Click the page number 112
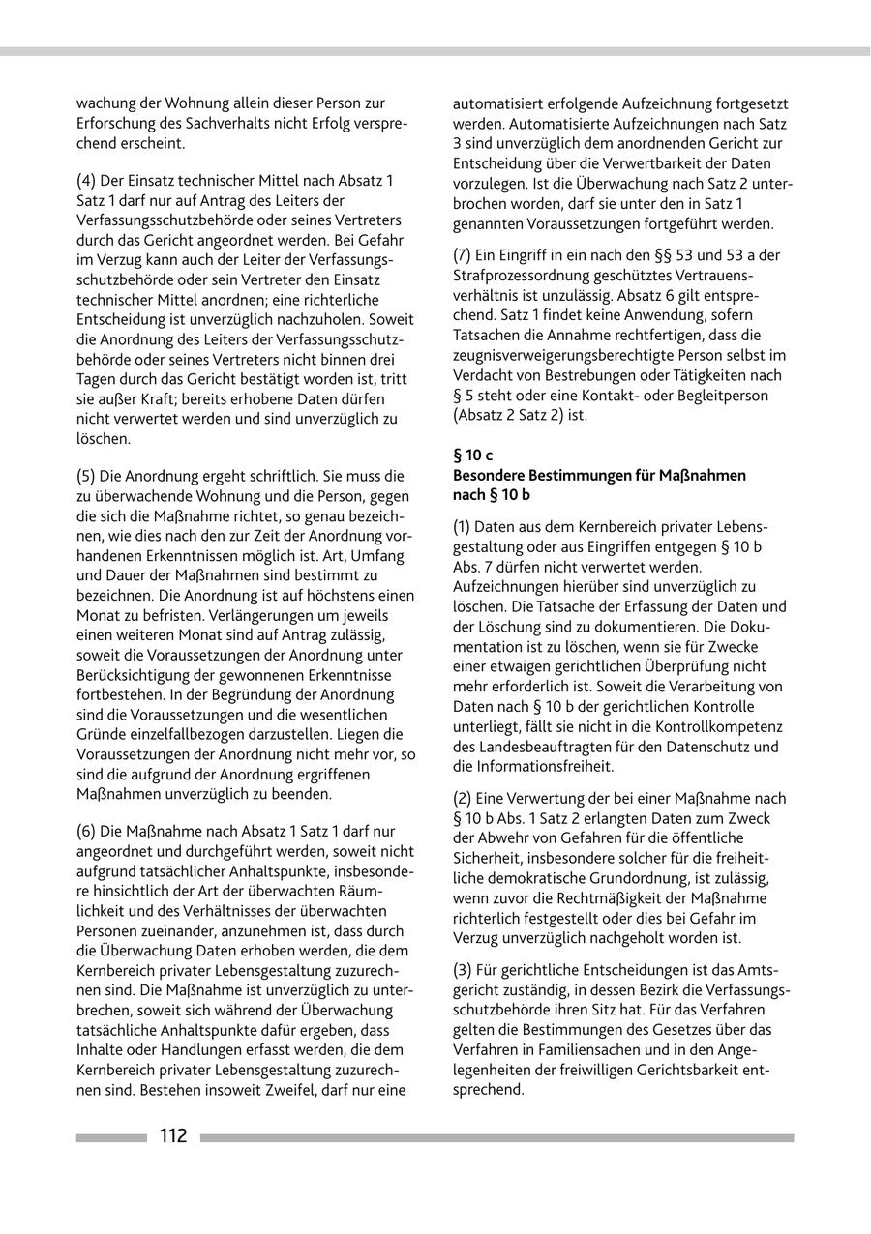[x=173, y=1136]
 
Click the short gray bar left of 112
[x=111, y=1138]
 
